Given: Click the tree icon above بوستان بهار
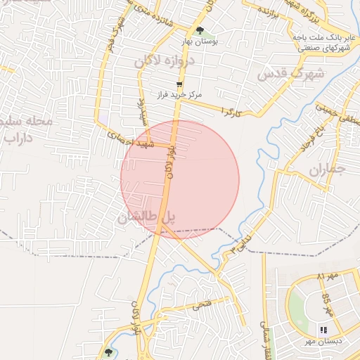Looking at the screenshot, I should point(200,30).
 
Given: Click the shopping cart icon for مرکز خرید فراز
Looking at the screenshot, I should point(179,84).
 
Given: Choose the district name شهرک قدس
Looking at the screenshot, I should point(290,73).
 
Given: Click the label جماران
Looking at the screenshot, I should point(327,169).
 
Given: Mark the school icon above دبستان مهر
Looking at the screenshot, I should point(323,329).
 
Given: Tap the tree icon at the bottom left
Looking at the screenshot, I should point(108,352).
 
